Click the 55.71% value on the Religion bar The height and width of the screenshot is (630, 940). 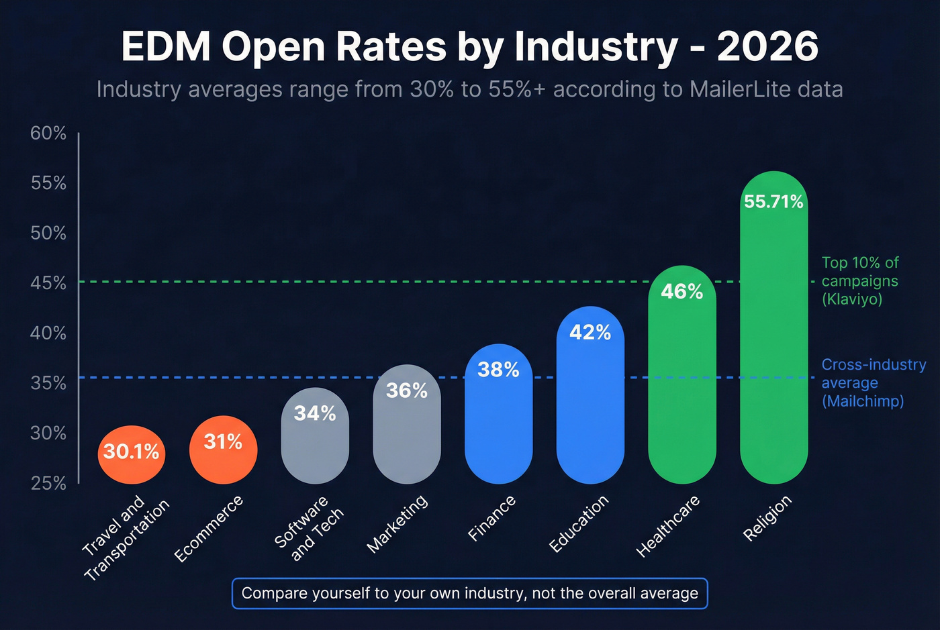pyautogui.click(x=773, y=202)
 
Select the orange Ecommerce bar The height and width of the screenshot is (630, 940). pyautogui.click(x=223, y=450)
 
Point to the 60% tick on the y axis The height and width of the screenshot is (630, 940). pyautogui.click(x=48, y=134)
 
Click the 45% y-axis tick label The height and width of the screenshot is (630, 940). pyautogui.click(x=48, y=283)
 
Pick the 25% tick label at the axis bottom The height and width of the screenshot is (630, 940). pyautogui.click(x=48, y=483)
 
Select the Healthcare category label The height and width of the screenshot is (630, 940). pyautogui.click(x=667, y=527)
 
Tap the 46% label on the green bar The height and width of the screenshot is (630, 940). pyautogui.click(x=681, y=292)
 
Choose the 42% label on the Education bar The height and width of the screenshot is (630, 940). pyautogui.click(x=590, y=333)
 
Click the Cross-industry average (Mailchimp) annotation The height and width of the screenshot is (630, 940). pyautogui.click(x=873, y=383)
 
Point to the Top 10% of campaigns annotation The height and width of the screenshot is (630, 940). pyautogui.click(x=860, y=281)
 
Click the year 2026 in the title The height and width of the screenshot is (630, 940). pyautogui.click(x=767, y=47)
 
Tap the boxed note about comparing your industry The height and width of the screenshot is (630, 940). pyautogui.click(x=469, y=593)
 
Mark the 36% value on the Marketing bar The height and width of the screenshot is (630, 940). pyautogui.click(x=407, y=390)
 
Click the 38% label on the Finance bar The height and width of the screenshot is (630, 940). pyautogui.click(x=498, y=370)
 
